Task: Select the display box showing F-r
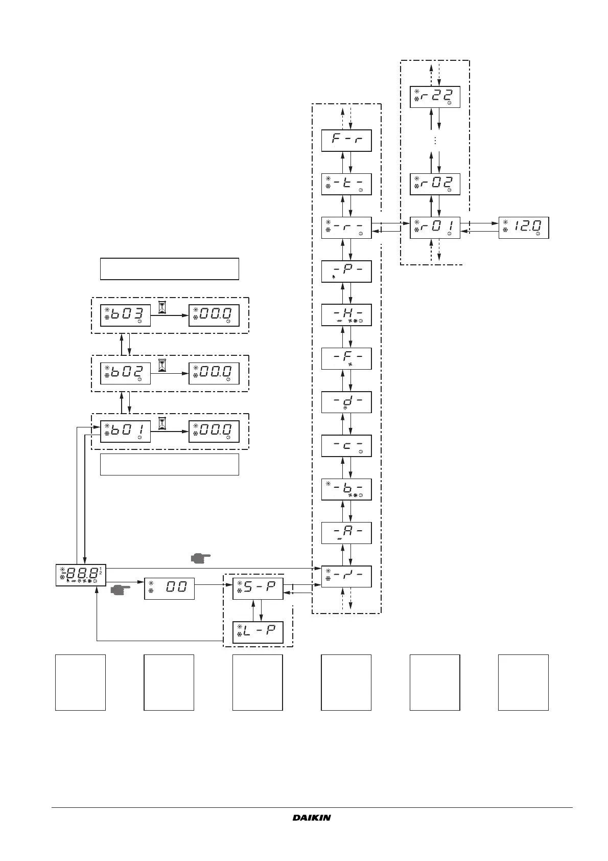coord(346,141)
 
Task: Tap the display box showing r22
coord(435,97)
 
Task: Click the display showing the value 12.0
coord(523,228)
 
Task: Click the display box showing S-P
coord(258,589)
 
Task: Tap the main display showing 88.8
coord(81,575)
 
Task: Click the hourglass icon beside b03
coord(162,307)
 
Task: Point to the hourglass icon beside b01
coord(162,423)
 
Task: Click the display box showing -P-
coord(346,271)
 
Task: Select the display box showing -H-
coord(346,314)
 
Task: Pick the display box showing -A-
coord(346,533)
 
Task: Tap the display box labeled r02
coord(435,184)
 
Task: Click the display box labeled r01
coord(435,228)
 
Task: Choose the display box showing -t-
coord(346,184)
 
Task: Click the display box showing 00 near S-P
coord(169,588)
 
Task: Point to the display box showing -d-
coord(346,402)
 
